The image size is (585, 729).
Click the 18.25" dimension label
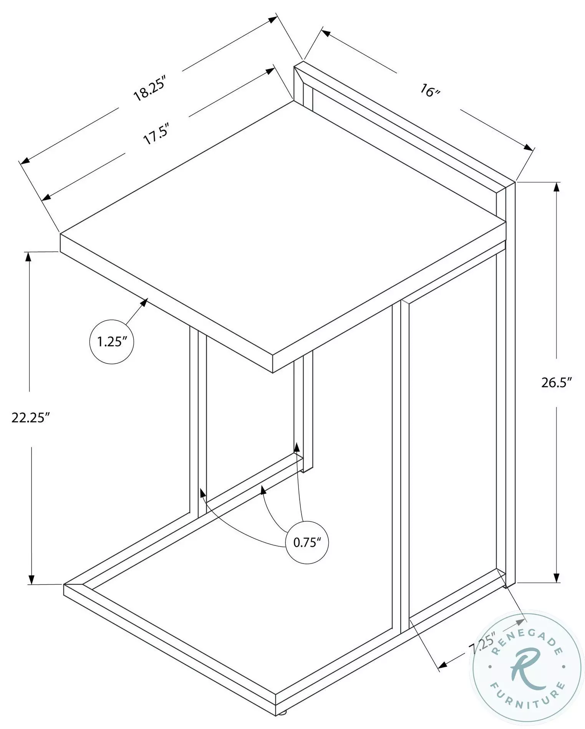click(x=149, y=89)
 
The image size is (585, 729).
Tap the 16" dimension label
click(x=429, y=91)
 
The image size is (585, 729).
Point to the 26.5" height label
click(x=557, y=383)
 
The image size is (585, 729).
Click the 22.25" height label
click(x=31, y=417)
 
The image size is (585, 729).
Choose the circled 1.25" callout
click(x=111, y=341)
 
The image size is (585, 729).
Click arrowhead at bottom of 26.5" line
click(x=557, y=588)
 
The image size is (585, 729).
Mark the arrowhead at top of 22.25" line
click(x=28, y=256)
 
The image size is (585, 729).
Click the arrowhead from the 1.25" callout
click(x=144, y=302)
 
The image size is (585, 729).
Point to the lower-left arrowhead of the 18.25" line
click(x=25, y=161)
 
